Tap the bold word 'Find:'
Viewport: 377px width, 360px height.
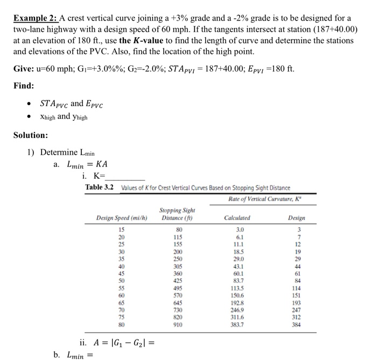pos(24,86)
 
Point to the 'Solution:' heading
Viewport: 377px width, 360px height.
pos(31,135)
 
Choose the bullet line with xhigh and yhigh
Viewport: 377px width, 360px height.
pos(64,116)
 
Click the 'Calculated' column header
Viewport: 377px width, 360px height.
pos(237,218)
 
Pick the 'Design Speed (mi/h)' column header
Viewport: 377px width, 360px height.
pos(122,218)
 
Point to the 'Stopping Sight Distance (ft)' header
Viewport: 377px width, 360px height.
pos(177,214)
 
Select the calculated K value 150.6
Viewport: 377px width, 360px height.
pos(238,296)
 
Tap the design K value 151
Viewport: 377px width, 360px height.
pos(296,296)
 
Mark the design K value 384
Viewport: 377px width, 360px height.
pos(296,326)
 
